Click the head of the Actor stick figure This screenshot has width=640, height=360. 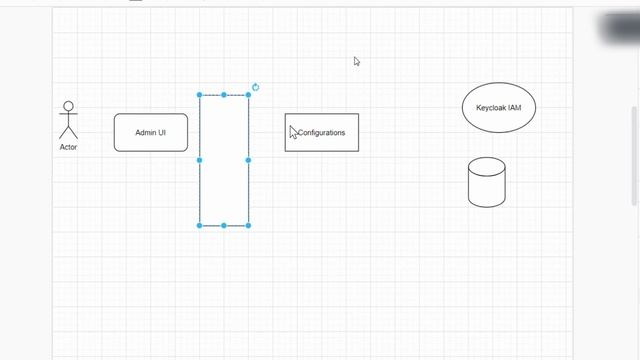(x=68, y=106)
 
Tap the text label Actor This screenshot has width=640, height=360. (x=68, y=147)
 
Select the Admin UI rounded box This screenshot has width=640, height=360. (x=150, y=132)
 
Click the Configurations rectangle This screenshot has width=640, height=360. (x=322, y=132)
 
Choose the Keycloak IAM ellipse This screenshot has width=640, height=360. (x=499, y=107)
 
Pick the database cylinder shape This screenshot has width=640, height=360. (x=487, y=182)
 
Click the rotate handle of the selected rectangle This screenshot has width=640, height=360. (x=256, y=87)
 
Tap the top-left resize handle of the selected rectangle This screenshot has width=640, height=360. (x=200, y=95)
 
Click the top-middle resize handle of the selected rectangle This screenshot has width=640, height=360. (x=224, y=95)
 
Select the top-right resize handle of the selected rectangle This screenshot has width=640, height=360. (x=248, y=95)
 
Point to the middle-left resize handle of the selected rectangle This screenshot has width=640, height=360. (x=200, y=160)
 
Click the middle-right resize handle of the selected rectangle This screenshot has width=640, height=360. (x=248, y=160)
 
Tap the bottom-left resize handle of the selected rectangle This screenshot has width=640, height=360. (x=200, y=225)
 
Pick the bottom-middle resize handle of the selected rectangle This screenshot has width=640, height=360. (x=224, y=225)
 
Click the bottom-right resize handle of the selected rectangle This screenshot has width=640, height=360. (x=248, y=225)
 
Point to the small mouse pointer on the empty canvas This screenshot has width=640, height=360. (x=356, y=61)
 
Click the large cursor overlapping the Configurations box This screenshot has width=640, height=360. (x=293, y=132)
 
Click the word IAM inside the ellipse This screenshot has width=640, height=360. (x=514, y=107)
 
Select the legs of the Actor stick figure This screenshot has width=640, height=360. (x=68, y=133)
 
